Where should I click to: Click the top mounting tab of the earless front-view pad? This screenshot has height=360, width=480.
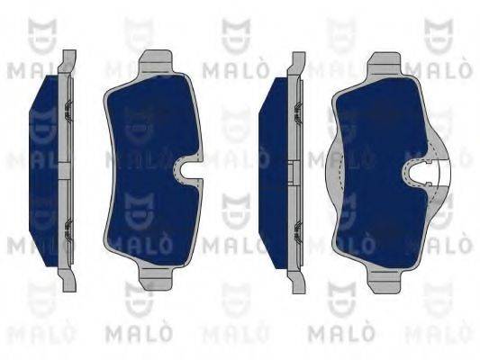156,61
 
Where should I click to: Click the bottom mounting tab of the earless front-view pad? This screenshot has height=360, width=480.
156,278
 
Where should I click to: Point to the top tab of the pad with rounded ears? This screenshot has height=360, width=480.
385,64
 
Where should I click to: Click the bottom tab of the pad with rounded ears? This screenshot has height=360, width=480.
385,282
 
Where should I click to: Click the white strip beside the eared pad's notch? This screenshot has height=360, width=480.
445,173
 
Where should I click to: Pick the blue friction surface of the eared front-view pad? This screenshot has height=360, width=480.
381,172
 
